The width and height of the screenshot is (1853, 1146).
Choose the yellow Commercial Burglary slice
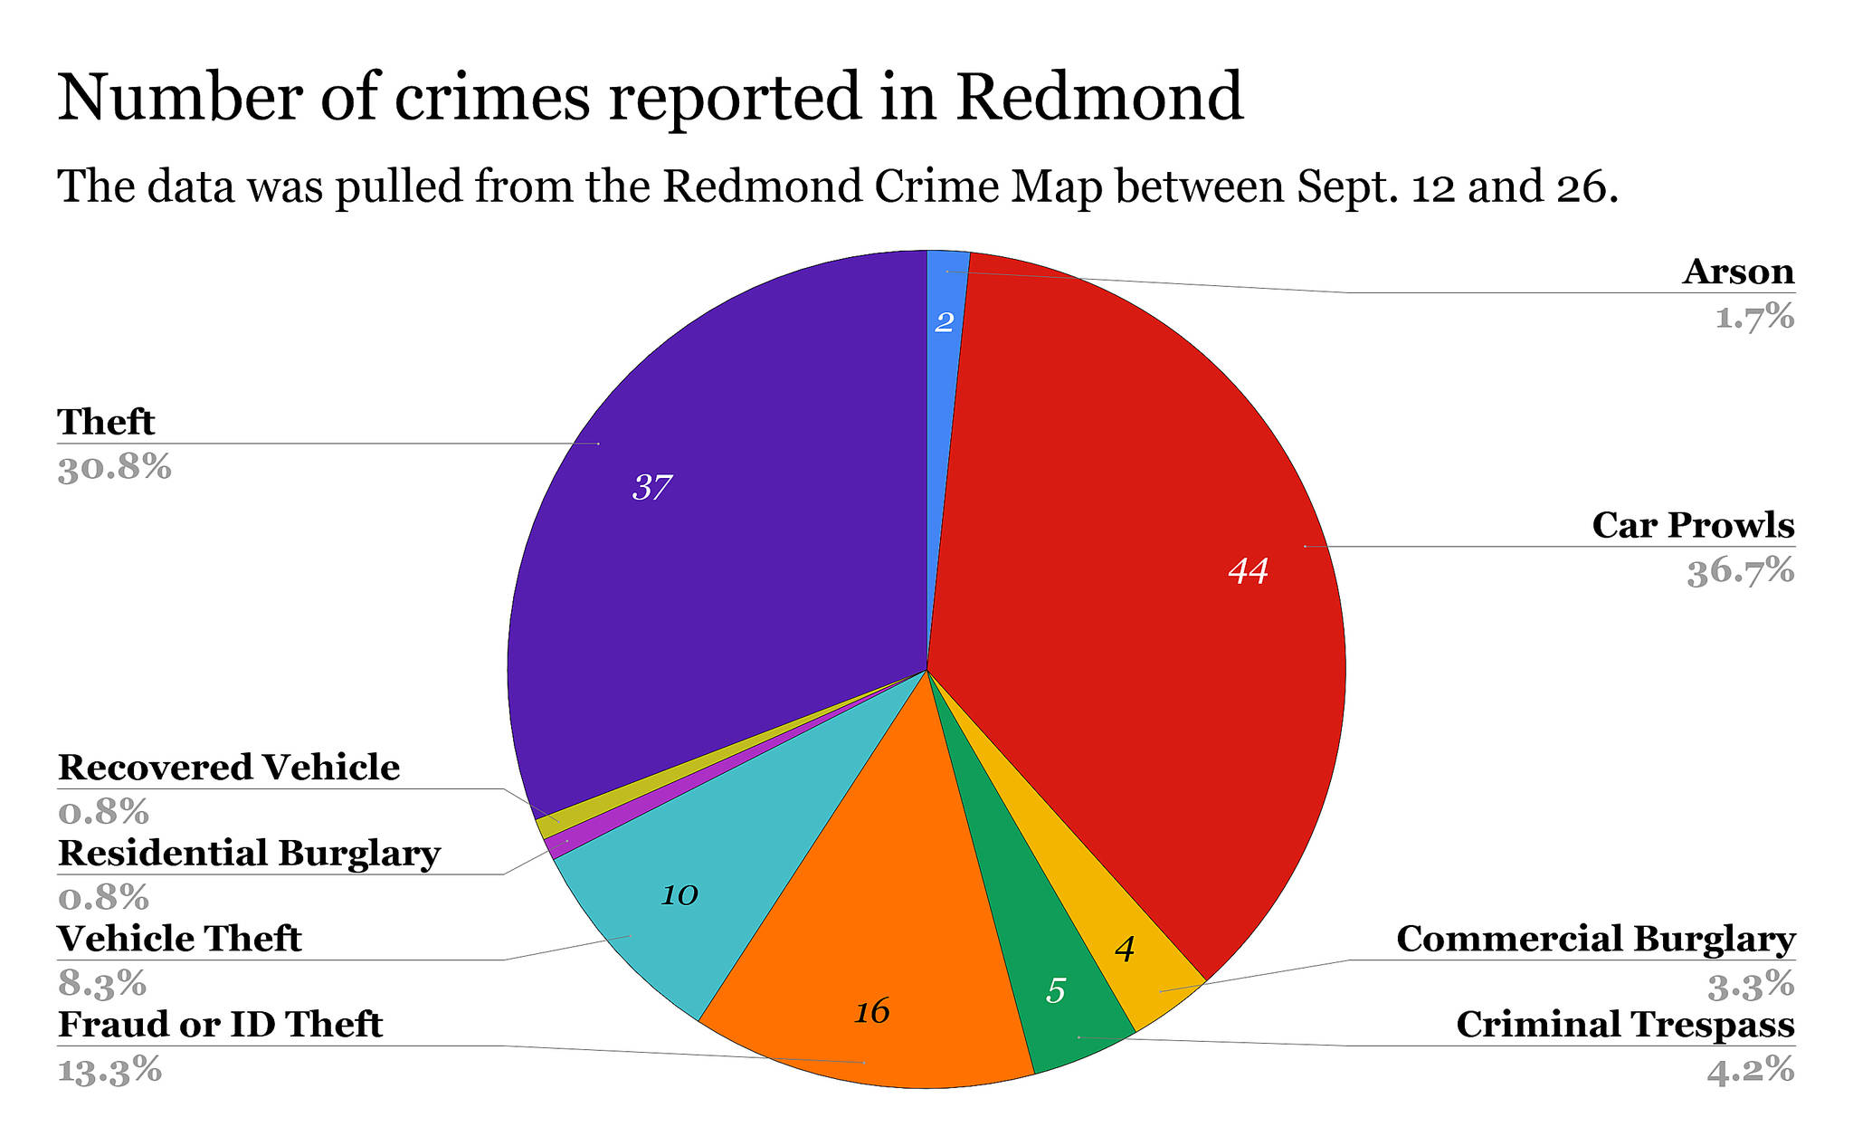(1131, 960)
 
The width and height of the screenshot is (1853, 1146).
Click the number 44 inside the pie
(1248, 571)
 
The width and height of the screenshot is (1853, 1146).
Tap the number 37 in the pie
(651, 489)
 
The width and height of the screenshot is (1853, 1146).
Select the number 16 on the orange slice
(872, 1012)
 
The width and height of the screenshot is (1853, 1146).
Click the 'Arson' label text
(1738, 272)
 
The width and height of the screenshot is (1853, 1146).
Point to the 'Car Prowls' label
(1693, 526)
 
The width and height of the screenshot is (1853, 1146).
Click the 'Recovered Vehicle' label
(229, 768)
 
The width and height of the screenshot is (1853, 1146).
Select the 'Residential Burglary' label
(249, 854)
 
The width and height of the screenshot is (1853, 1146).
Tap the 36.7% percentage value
(1740, 572)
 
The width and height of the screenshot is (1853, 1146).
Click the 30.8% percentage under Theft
(114, 469)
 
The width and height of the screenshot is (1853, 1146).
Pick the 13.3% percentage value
(109, 1071)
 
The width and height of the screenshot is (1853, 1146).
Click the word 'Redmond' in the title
(1099, 97)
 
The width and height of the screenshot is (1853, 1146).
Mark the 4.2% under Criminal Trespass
(1750, 1071)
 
